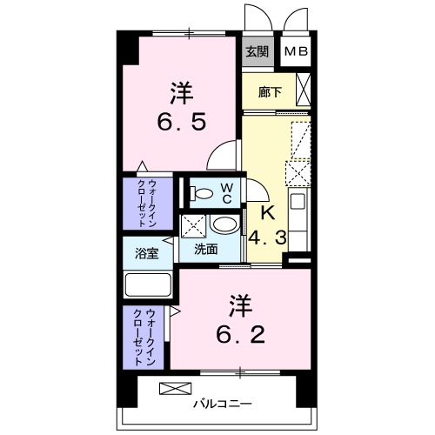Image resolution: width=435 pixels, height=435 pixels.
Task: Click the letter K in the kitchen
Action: tap(269, 211)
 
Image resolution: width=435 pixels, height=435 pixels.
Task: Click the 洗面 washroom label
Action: tap(206, 249)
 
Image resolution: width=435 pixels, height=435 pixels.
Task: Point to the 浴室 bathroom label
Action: tap(146, 254)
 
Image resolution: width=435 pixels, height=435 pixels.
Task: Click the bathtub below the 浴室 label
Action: tap(150, 284)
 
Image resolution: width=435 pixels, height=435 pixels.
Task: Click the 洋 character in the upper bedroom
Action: tap(180, 90)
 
